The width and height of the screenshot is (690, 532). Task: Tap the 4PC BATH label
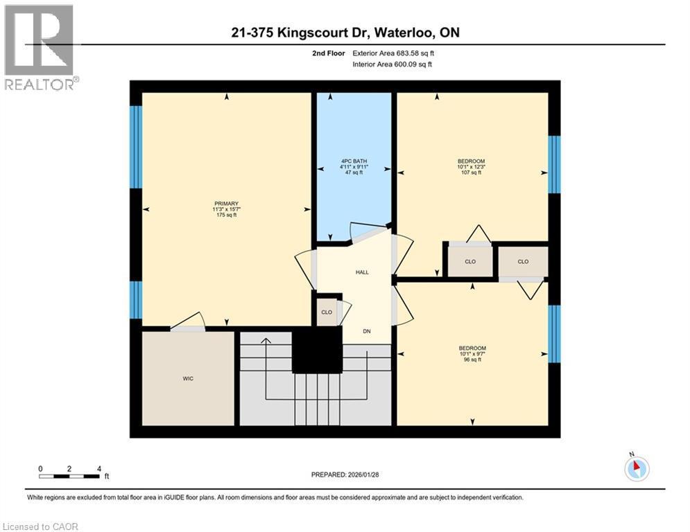point(354,161)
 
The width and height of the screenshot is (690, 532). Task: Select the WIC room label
point(188,378)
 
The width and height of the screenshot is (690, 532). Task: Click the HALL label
point(362,272)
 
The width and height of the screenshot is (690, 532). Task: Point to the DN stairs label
point(367,331)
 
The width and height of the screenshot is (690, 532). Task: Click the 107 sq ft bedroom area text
point(471,172)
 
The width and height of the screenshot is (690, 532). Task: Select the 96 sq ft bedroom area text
point(472,360)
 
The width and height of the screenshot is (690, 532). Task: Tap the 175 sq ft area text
point(226,215)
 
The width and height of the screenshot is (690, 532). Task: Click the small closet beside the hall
point(327,312)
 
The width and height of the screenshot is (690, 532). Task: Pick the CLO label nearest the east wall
point(523,261)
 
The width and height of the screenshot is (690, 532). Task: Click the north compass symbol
point(635,468)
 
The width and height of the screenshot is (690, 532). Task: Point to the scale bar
point(69,476)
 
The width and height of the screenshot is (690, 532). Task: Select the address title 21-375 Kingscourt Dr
point(345,33)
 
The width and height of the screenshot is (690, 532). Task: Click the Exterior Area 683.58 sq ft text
point(395,53)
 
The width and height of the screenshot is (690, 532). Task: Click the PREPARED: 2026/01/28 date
point(345,475)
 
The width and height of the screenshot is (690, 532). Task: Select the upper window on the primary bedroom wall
point(136,147)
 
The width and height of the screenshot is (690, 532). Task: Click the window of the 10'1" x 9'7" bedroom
point(553,334)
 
